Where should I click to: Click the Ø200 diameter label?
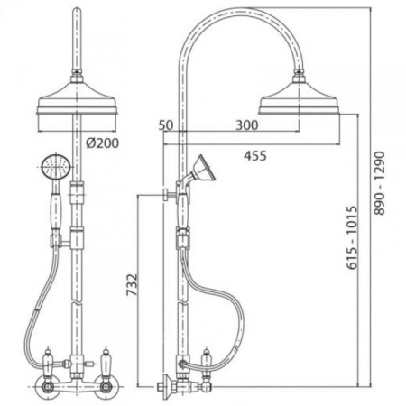(x=102, y=143)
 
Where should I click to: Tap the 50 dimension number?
(x=166, y=125)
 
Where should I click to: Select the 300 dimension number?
(x=247, y=125)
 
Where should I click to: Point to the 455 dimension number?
(x=255, y=156)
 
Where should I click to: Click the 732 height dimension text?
(x=132, y=284)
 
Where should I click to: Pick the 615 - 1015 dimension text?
(x=352, y=237)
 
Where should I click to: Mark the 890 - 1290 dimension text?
(x=380, y=183)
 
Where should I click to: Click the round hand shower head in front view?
(x=56, y=166)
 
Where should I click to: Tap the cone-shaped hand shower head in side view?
(x=204, y=169)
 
